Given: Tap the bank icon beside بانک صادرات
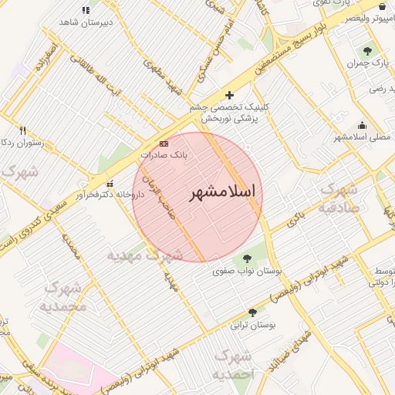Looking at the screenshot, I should coord(164,143).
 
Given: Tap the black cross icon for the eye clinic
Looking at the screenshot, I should coord(229,95).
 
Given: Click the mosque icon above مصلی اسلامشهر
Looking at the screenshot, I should coord(363,126).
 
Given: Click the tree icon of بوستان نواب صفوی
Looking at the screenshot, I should coord(248,259).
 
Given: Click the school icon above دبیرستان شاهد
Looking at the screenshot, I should coord(85,10).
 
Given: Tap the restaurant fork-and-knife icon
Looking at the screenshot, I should coord(23,131).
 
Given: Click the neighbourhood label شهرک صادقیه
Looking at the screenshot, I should coord(340,197).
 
